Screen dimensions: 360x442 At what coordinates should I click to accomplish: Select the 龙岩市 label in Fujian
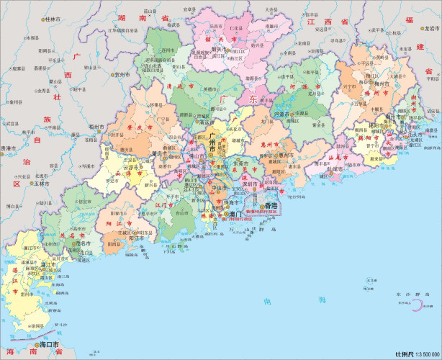(x=431, y=28)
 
